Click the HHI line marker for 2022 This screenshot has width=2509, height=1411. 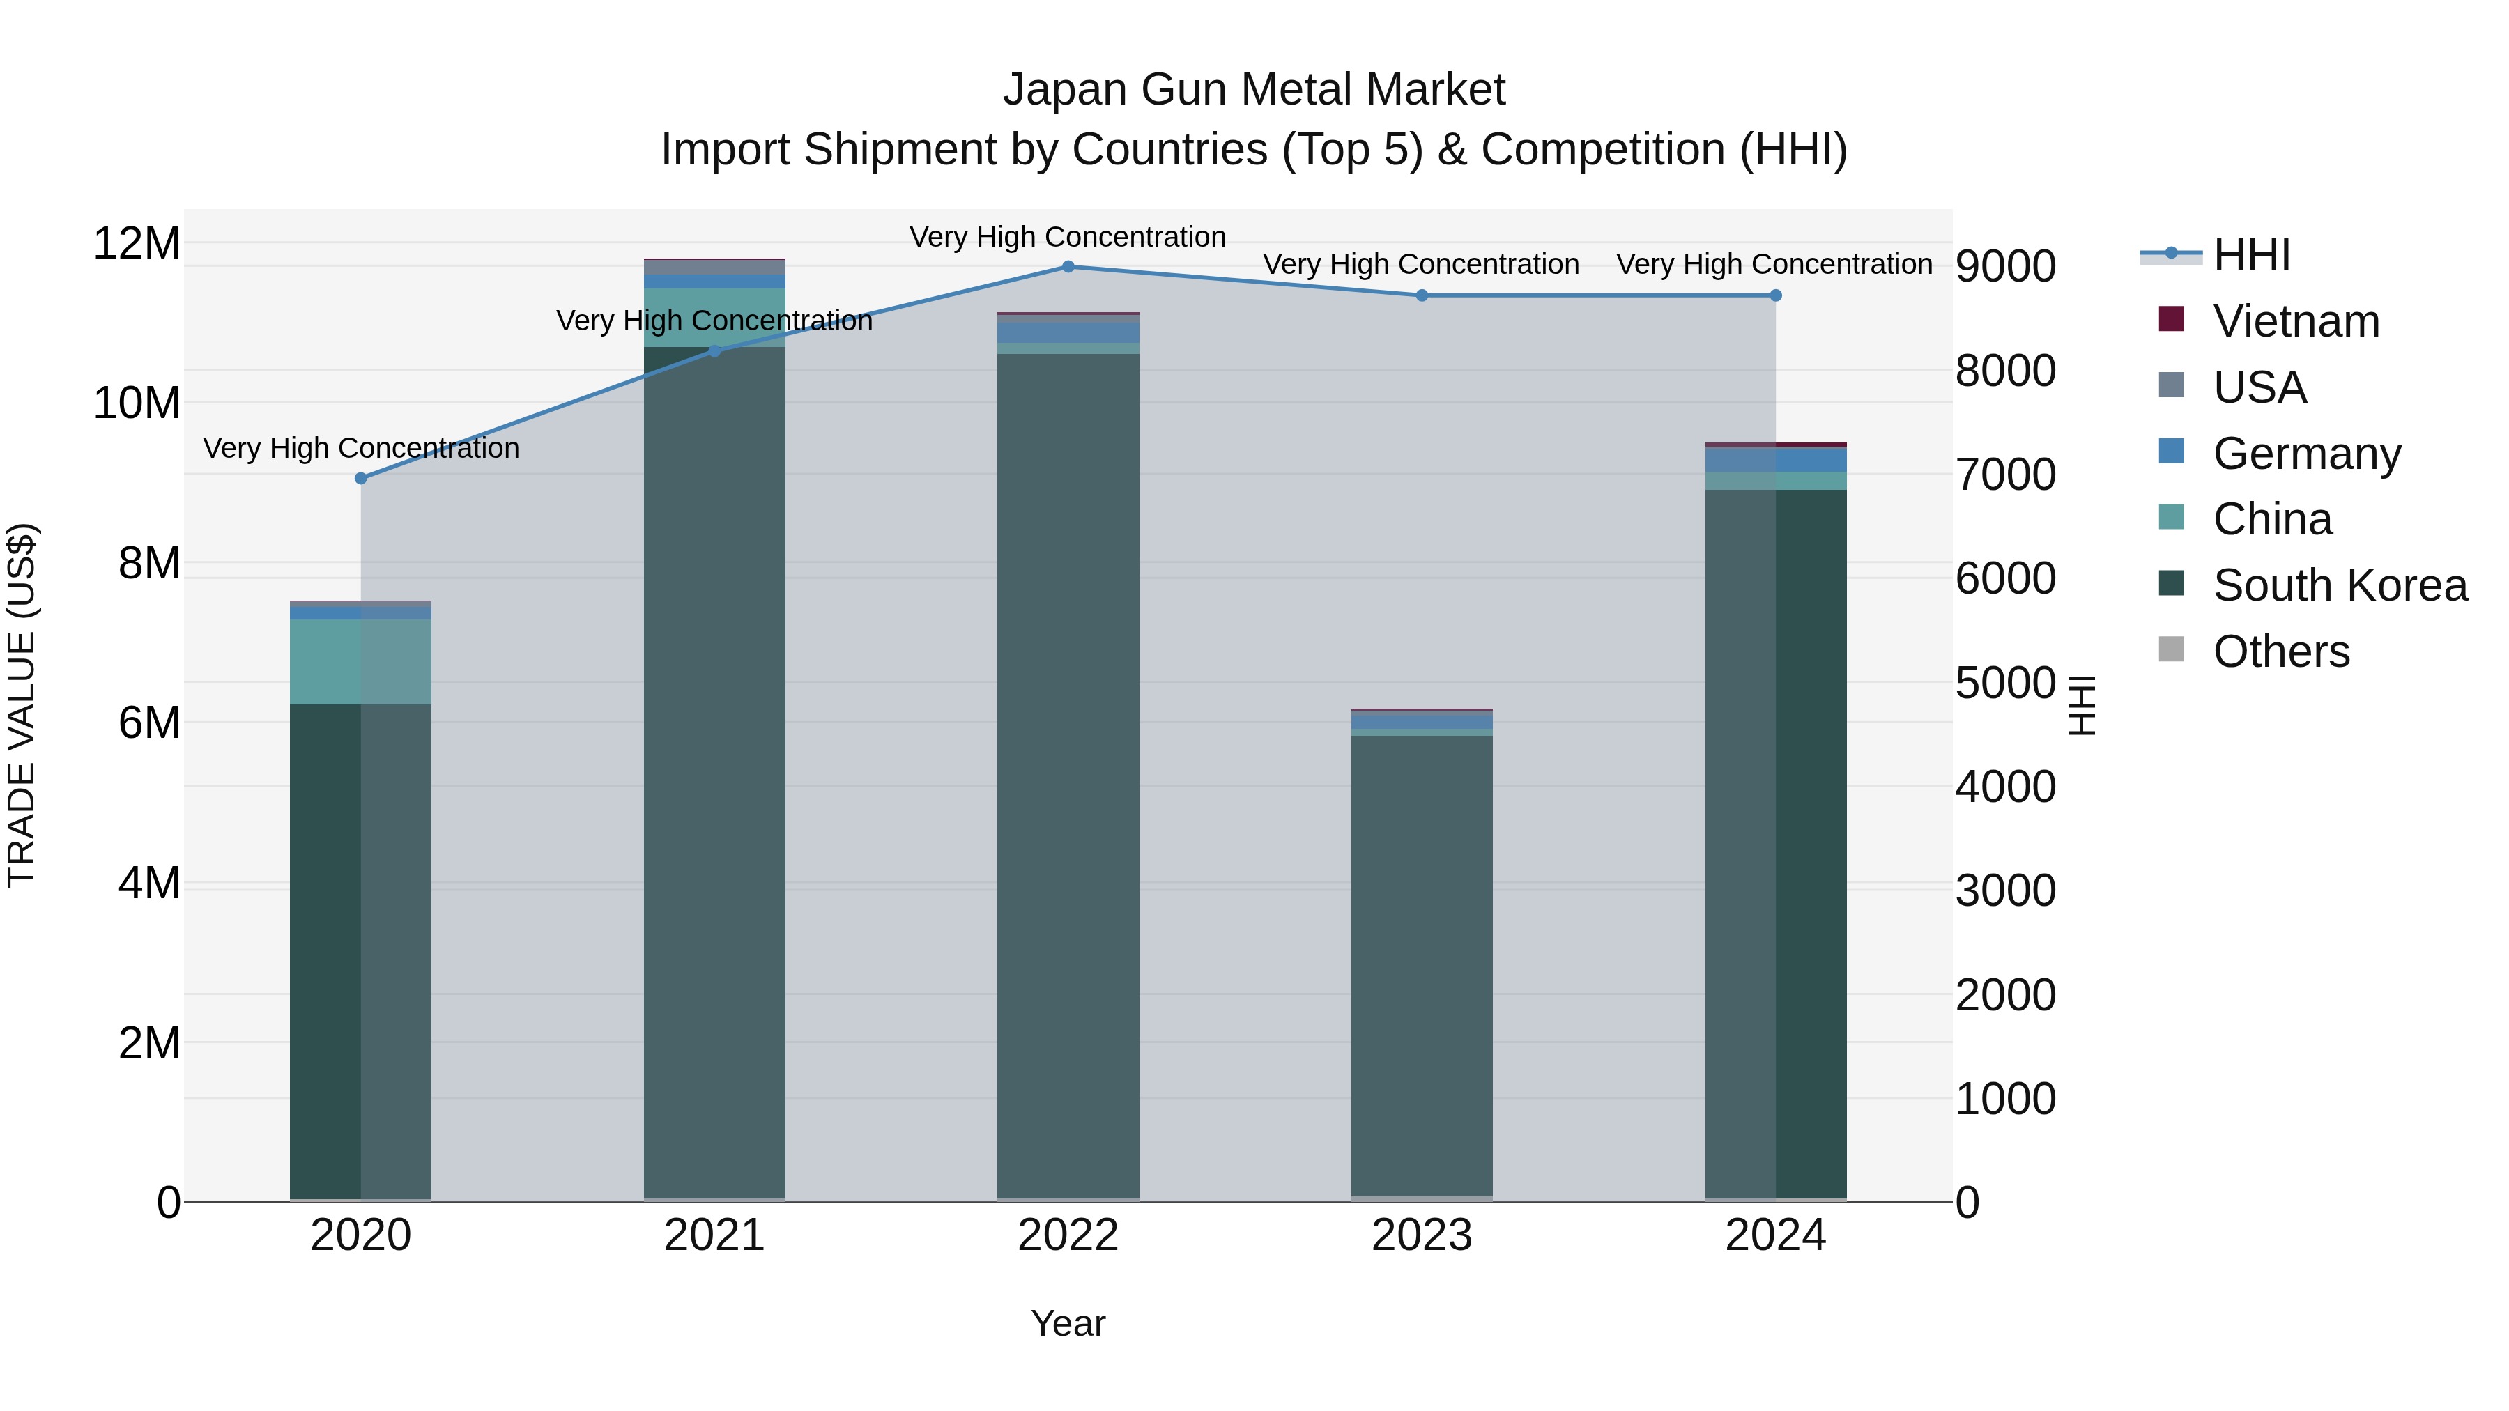coord(1068,267)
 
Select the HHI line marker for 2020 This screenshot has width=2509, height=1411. coord(360,478)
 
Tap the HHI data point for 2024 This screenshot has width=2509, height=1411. coord(1774,295)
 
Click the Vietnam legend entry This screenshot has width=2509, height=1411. coord(2295,321)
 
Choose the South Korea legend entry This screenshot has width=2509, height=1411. coord(2340,585)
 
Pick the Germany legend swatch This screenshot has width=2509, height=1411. coord(2171,452)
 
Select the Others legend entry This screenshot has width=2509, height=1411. coord(2280,651)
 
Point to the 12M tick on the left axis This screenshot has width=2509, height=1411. coord(137,243)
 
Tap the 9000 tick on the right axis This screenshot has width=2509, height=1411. coord(2004,267)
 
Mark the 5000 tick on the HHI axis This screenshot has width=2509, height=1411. coord(2004,683)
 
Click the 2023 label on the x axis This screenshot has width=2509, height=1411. coord(1421,1235)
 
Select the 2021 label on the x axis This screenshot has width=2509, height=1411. coord(714,1235)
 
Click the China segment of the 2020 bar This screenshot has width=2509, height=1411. coord(360,661)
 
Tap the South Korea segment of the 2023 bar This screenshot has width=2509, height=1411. coord(1421,964)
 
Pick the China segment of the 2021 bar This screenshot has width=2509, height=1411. coord(714,318)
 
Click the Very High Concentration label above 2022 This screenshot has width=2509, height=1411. coord(1068,237)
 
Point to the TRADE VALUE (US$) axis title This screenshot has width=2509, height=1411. coord(22,705)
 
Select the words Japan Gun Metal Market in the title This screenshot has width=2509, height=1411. coord(1254,90)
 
